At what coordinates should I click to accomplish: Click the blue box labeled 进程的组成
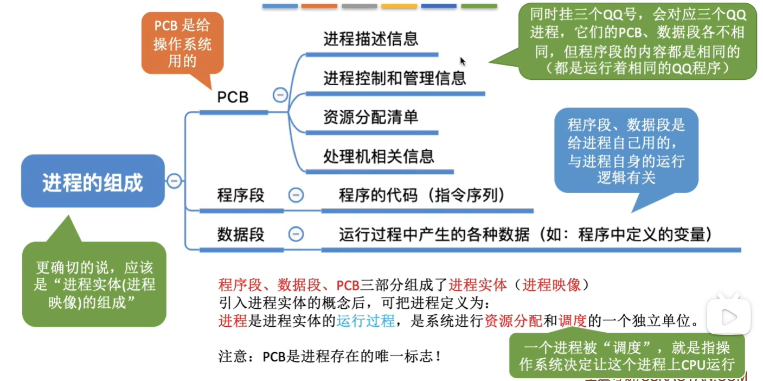point(93,182)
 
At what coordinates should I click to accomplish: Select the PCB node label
point(233,97)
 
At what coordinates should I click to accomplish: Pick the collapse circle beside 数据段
point(296,234)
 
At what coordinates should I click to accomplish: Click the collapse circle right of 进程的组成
point(174,181)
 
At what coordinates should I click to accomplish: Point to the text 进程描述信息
point(371,39)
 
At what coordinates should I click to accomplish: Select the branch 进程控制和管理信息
point(395,78)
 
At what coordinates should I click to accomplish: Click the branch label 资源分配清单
point(371,117)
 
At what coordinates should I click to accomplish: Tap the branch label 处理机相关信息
point(379,156)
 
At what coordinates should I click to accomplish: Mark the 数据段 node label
point(241,234)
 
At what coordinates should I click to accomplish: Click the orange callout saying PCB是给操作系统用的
point(182,43)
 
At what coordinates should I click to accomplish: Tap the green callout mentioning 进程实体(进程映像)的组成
point(94,284)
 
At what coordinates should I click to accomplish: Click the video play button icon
point(728,316)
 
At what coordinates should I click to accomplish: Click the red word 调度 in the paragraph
point(573,321)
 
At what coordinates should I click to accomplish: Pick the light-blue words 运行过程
point(366,321)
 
